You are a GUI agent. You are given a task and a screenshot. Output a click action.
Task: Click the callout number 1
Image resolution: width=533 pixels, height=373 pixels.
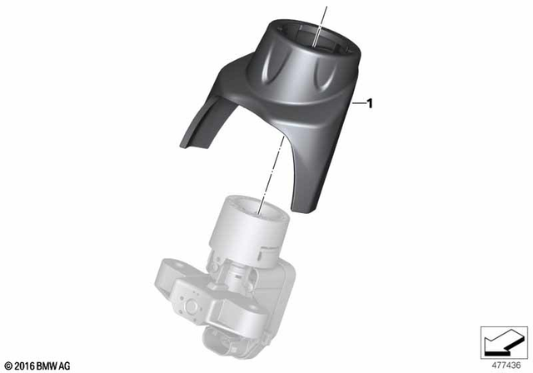pos(370,104)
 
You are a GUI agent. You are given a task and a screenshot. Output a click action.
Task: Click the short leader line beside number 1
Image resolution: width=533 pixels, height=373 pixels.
pos(358,104)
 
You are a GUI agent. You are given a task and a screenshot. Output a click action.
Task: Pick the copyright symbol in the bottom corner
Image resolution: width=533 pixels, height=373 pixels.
pos(8,366)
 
